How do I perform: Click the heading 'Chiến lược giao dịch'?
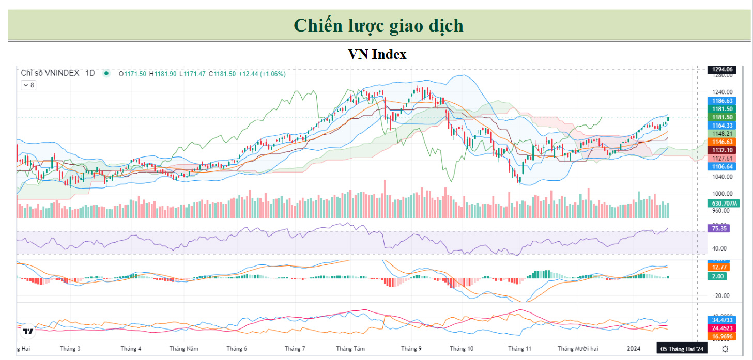point(378,25)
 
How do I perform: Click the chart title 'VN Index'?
point(377,54)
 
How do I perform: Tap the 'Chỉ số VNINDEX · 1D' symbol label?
point(58,73)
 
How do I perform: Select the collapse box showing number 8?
point(28,85)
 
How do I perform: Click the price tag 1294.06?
point(723,69)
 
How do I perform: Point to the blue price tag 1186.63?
point(723,101)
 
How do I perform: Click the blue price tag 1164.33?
point(723,126)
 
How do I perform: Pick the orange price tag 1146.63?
point(723,142)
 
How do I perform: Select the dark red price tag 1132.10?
point(723,150)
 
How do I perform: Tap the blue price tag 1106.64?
point(723,166)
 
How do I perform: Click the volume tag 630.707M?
point(723,204)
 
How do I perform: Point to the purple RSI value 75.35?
point(719,228)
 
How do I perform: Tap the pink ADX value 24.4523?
point(723,328)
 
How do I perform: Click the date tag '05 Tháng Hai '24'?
point(681,349)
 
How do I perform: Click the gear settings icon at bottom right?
point(725,349)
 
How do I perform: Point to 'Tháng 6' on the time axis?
point(237,349)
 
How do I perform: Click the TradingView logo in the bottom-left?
point(28,332)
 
